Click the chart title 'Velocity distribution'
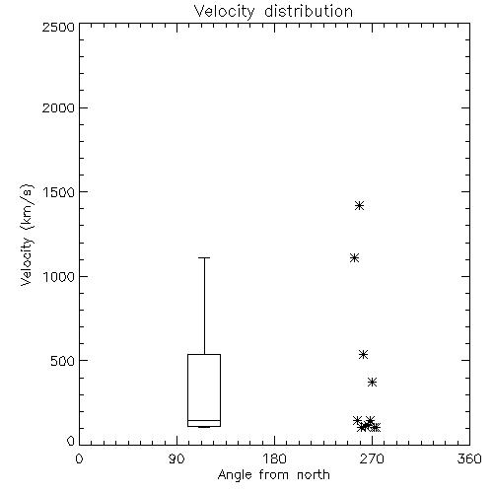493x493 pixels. tap(273, 12)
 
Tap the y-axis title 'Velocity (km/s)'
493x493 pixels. tap(27, 235)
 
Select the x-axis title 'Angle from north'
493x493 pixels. tap(273, 474)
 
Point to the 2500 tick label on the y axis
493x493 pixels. tap(58, 27)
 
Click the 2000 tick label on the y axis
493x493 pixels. tap(58, 107)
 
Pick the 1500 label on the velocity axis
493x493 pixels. tap(59, 192)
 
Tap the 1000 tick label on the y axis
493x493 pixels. tap(59, 277)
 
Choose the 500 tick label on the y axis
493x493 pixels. tap(63, 361)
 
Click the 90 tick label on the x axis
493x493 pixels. tap(176, 458)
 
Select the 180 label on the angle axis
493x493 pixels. tap(274, 458)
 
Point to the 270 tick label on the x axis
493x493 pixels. tap(372, 458)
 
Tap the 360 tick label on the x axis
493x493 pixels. tap(469, 458)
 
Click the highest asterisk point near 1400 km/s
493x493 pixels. tap(359, 206)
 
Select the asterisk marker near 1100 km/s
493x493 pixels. tap(354, 258)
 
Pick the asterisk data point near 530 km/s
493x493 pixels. tap(363, 354)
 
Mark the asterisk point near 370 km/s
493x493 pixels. tap(372, 382)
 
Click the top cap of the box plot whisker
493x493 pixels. tap(204, 258)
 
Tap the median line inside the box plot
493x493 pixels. tap(204, 420)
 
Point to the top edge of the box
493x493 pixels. tap(204, 354)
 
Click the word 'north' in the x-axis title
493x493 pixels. tap(314, 474)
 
